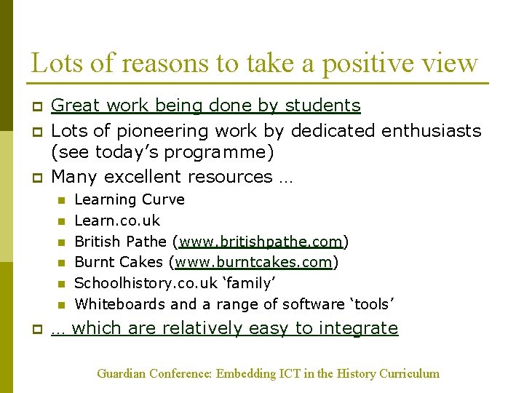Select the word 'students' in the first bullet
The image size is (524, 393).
click(x=322, y=106)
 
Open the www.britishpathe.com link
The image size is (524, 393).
click(x=261, y=242)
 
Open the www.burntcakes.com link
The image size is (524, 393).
click(x=253, y=262)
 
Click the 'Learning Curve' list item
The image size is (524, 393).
click(x=130, y=199)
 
